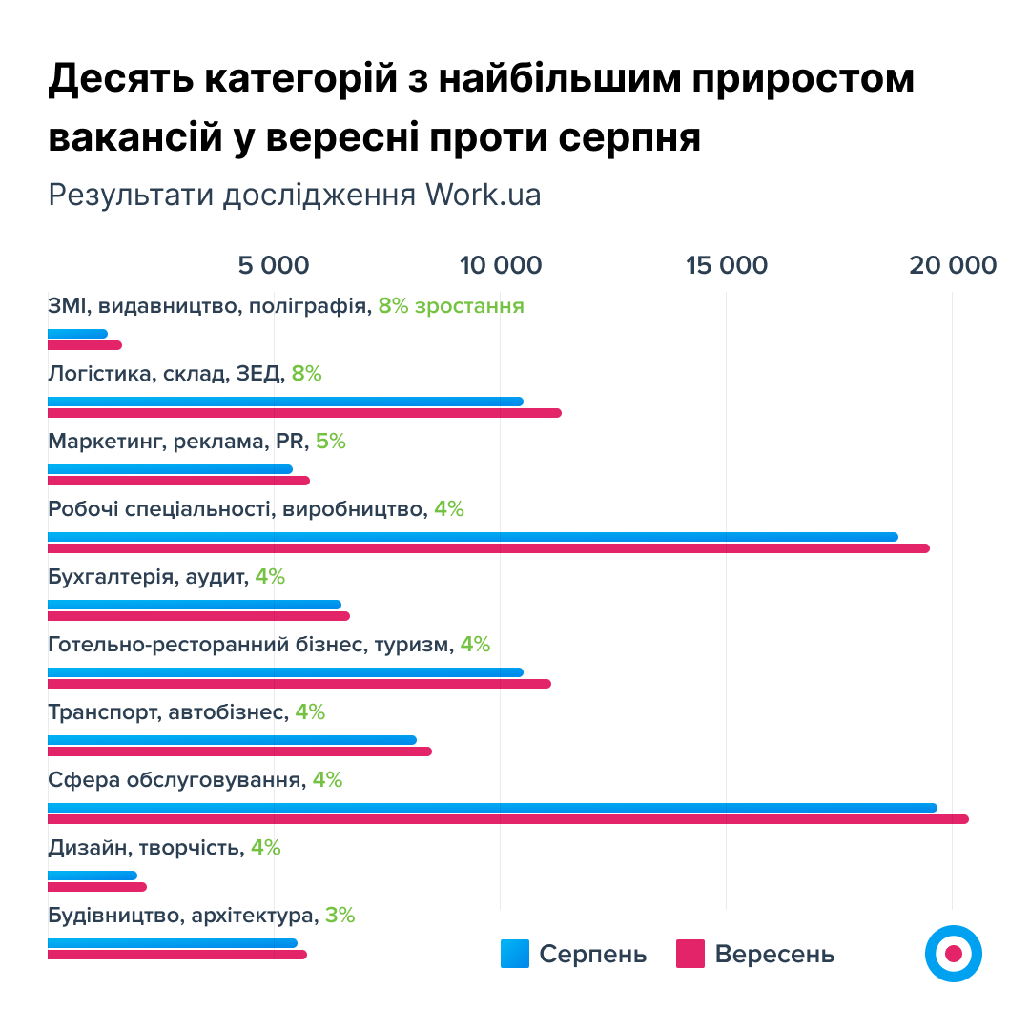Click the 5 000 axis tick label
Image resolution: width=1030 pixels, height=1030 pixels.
pyautogui.click(x=274, y=265)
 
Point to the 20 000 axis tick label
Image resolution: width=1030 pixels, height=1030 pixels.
pyautogui.click(x=952, y=265)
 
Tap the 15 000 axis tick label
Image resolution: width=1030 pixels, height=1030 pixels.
pyautogui.click(x=727, y=265)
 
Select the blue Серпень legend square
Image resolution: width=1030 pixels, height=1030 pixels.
pyautogui.click(x=515, y=954)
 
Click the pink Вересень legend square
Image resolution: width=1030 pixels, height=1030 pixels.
pyautogui.click(x=690, y=954)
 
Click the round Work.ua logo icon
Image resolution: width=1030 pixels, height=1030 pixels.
pyautogui.click(x=953, y=953)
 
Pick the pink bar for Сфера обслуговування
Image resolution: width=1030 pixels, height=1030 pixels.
pyautogui.click(x=507, y=819)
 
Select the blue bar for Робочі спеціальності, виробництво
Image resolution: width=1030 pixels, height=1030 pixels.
pyautogui.click(x=472, y=537)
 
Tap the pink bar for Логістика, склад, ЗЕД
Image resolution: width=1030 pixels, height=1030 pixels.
pyautogui.click(x=304, y=413)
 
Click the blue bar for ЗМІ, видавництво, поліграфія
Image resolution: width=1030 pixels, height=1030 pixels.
pyautogui.click(x=77, y=334)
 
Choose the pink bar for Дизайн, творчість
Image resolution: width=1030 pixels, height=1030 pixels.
pyautogui.click(x=96, y=887)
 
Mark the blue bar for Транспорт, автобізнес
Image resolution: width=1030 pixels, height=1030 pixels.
pyautogui.click(x=232, y=740)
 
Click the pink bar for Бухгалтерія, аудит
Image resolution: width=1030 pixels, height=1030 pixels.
pyautogui.click(x=198, y=616)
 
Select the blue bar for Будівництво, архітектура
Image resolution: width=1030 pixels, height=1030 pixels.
pyautogui.click(x=172, y=943)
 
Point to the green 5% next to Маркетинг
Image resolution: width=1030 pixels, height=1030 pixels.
pyautogui.click(x=330, y=442)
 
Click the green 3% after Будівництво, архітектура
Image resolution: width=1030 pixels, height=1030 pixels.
pyautogui.click(x=340, y=916)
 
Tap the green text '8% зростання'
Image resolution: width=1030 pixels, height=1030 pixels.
pyautogui.click(x=450, y=306)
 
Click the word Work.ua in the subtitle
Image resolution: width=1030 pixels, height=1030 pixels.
pyautogui.click(x=483, y=195)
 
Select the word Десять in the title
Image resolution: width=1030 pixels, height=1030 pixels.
pyautogui.click(x=118, y=79)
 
